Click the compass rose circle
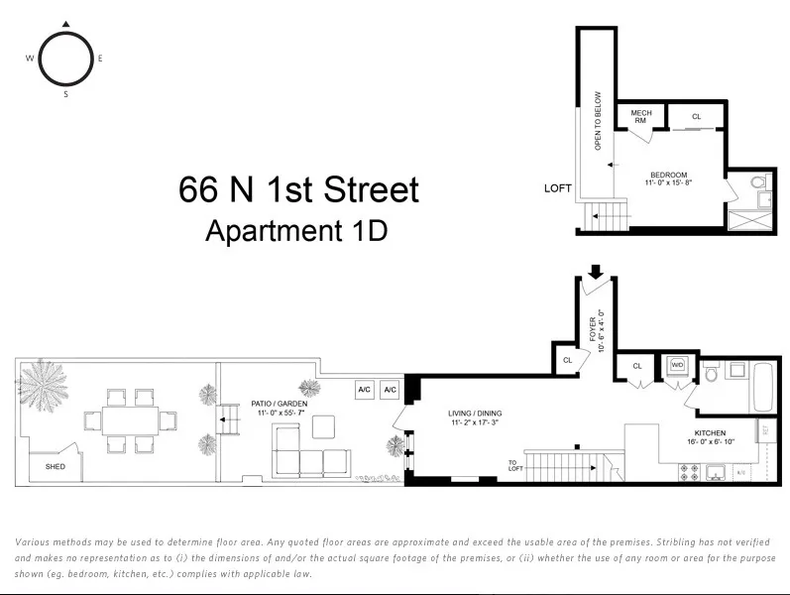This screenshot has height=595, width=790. click(66, 59)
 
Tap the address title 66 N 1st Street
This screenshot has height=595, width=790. click(298, 189)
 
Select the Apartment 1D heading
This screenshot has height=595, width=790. click(295, 231)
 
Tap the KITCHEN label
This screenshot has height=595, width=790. click(710, 433)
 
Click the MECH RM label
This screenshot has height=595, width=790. click(641, 116)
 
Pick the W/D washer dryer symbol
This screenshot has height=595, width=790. click(678, 366)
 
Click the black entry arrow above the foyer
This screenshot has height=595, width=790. click(596, 270)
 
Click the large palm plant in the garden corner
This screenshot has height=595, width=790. click(44, 382)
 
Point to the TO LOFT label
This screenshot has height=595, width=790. click(513, 465)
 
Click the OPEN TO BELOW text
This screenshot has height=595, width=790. click(599, 121)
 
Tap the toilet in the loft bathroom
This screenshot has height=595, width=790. click(759, 183)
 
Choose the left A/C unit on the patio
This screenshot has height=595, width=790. click(364, 390)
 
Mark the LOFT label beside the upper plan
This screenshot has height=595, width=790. click(558, 188)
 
